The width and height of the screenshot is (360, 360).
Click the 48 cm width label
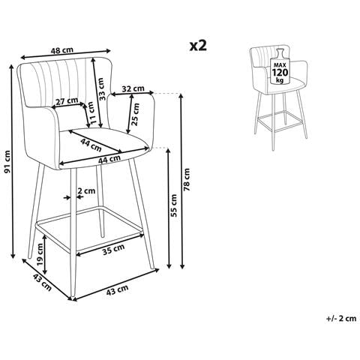point(62,50)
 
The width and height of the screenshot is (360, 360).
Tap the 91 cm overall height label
point(8,162)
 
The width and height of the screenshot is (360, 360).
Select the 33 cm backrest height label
point(100,89)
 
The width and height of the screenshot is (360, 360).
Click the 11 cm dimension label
point(92,112)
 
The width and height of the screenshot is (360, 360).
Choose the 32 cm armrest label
point(133,88)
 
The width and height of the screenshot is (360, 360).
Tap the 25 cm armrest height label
point(136,114)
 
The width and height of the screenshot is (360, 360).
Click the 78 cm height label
point(187,179)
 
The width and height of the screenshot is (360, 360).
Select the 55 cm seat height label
point(174,205)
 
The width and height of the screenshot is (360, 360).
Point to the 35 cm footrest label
point(113,250)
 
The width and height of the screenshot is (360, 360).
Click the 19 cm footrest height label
point(40,255)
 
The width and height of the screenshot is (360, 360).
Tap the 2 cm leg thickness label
point(86,190)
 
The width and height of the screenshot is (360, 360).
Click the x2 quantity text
point(198,46)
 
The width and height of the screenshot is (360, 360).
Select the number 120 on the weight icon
point(280,73)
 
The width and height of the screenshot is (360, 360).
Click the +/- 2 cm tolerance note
point(341,319)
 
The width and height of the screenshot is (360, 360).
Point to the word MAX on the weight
point(280,64)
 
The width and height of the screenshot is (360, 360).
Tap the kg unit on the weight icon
point(280,80)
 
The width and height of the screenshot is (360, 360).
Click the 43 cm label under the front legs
point(117,290)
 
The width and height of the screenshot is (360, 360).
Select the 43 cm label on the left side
point(42,282)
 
